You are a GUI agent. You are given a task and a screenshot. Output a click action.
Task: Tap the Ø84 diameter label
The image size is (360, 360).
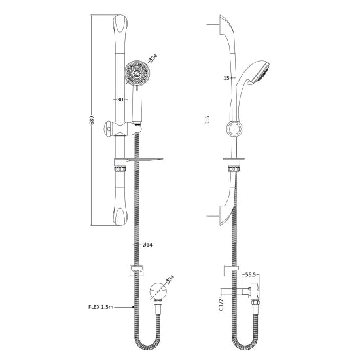pos(153,60)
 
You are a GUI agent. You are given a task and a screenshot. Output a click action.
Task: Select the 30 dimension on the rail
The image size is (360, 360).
pos(120,100)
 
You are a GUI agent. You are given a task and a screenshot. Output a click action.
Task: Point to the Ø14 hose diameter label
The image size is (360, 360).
pos(147,245)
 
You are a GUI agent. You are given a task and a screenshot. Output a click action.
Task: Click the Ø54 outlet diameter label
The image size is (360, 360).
pos(169,279)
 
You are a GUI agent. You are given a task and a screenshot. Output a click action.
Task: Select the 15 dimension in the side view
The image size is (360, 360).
pos(226,78)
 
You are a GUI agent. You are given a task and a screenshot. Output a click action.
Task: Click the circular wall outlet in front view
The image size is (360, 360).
pos(157,290)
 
